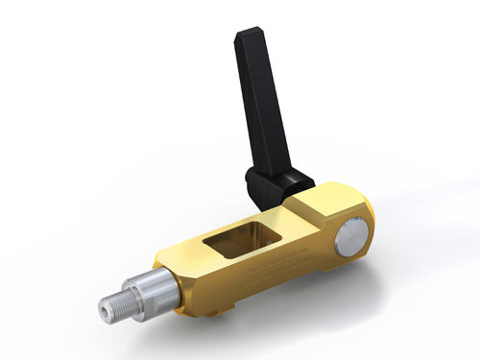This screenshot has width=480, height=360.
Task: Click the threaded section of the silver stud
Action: coord(116,306)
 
